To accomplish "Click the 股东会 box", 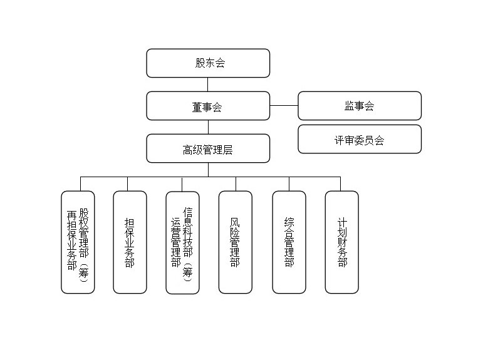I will [x=208, y=63].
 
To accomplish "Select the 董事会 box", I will [x=208, y=106].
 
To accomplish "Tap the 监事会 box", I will [x=359, y=106].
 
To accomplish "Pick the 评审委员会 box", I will [x=359, y=140].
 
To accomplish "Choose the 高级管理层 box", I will [x=208, y=149].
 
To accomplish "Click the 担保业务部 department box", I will [x=130, y=242].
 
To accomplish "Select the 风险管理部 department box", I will [x=236, y=242].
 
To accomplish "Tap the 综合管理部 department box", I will [x=289, y=242].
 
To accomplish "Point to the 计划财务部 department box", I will [x=341, y=242].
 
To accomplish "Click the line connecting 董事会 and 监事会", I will [x=284, y=106].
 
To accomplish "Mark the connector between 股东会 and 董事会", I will [x=208, y=85].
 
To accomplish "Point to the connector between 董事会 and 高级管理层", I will [x=208, y=127].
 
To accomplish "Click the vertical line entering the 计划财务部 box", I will [x=341, y=184].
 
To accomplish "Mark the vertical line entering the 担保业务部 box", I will [x=128, y=184].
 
